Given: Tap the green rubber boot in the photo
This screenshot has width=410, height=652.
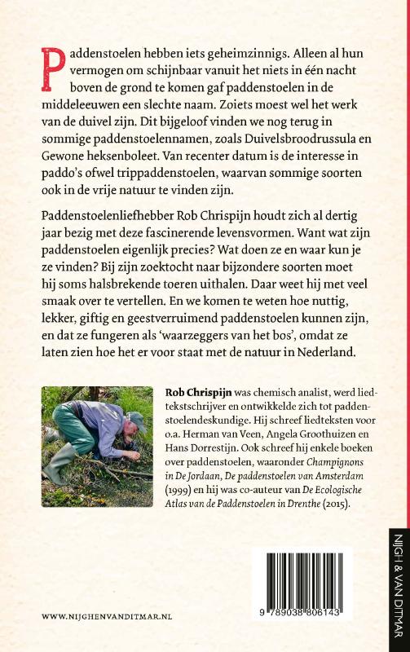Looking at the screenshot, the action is [x=55, y=489].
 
